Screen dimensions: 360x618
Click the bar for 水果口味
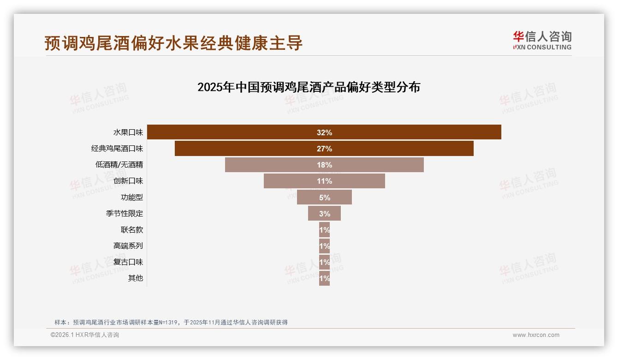231,132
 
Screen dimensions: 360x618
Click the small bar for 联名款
324,229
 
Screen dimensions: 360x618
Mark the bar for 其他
324,278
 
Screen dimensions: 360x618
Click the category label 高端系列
128,246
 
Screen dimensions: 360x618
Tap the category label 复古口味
128,262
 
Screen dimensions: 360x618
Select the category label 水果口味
128,132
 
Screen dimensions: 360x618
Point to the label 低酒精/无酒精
119,165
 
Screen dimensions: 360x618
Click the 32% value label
324,132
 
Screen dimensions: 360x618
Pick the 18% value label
324,165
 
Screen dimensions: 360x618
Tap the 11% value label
324,181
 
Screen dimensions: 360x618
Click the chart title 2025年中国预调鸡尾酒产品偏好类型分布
309,87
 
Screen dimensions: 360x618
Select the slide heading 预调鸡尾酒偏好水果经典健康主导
173,42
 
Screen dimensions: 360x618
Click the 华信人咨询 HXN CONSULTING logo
542,41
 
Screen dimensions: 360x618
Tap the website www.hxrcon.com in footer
536,335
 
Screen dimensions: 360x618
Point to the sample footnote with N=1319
171,322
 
